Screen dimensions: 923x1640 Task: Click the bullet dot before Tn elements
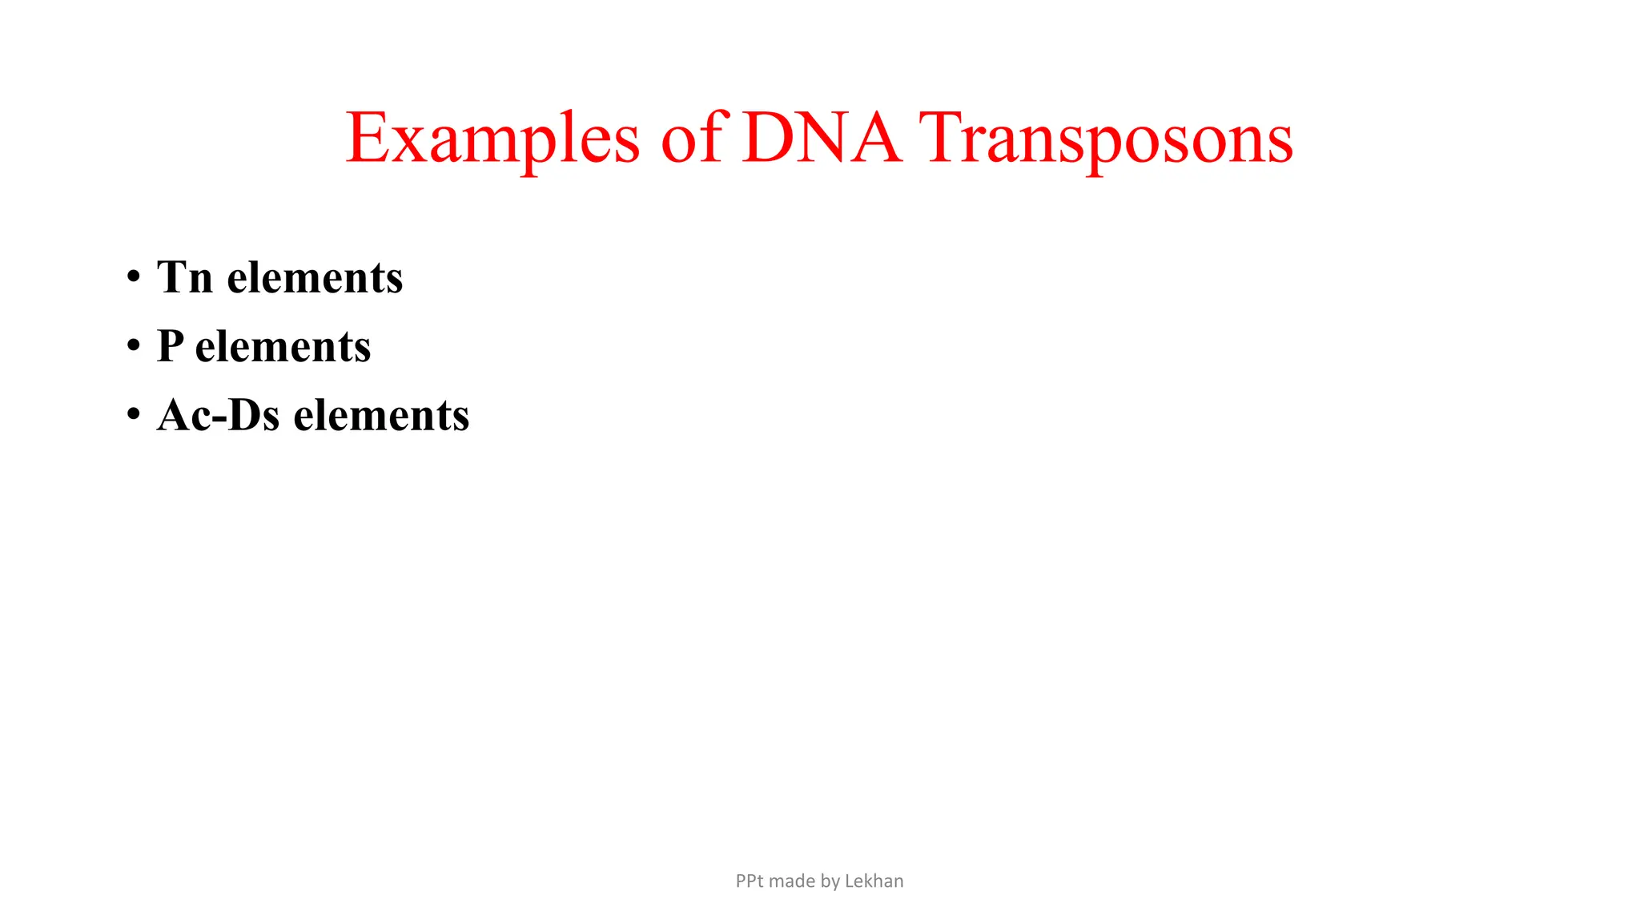(x=134, y=277)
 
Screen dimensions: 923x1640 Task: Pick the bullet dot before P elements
(x=134, y=346)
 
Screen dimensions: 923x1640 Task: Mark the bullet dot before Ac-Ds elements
(x=134, y=415)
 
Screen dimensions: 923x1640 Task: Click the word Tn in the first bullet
(x=185, y=277)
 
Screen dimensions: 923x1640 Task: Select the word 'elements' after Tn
(x=315, y=278)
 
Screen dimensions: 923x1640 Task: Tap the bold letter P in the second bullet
(x=169, y=346)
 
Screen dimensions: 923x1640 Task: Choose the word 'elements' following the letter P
(x=283, y=347)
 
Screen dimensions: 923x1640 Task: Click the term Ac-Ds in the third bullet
(x=218, y=415)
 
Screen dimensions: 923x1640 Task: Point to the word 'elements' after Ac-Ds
(x=381, y=416)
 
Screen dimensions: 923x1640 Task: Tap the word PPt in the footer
(x=750, y=881)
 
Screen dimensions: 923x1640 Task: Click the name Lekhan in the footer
(x=874, y=881)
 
